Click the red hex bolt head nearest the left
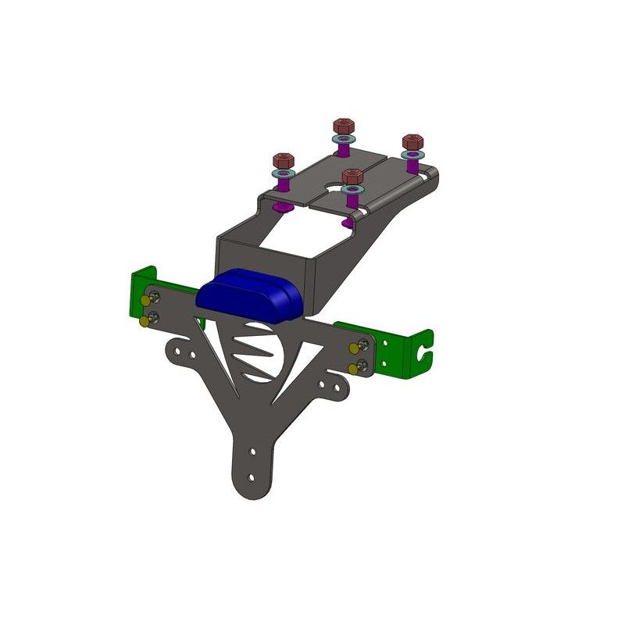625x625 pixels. pos(283,159)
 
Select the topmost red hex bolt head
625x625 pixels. pos(341,127)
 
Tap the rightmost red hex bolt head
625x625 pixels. pos(412,142)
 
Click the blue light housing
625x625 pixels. pos(250,293)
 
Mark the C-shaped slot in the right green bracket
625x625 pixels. pos(425,348)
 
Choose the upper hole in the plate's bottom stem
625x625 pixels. pos(252,452)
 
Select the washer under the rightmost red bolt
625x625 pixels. pos(412,155)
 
